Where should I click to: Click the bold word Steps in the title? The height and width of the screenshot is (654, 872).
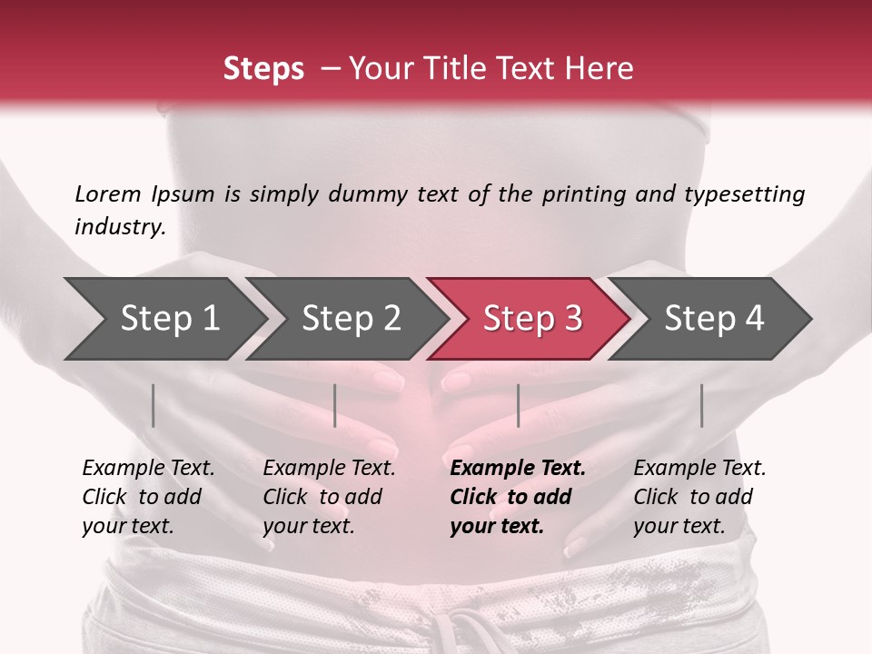point(263,69)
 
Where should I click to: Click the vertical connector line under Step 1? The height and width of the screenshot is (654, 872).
point(154,405)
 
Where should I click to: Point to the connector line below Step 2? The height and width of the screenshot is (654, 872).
point(335,405)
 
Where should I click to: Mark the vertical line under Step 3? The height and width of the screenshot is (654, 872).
point(518,405)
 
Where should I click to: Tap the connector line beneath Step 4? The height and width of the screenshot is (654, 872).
point(701,405)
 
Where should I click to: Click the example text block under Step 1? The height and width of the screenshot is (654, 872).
point(147,497)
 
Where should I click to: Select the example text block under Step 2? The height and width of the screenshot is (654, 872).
point(328,497)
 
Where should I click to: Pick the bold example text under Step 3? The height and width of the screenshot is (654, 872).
point(517,497)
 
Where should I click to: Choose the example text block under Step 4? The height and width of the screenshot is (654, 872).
point(699,497)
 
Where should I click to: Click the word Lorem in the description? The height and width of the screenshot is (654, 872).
point(107,194)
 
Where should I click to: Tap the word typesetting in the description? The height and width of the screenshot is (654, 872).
point(744,194)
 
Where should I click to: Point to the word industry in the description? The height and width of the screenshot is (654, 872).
point(119,226)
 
